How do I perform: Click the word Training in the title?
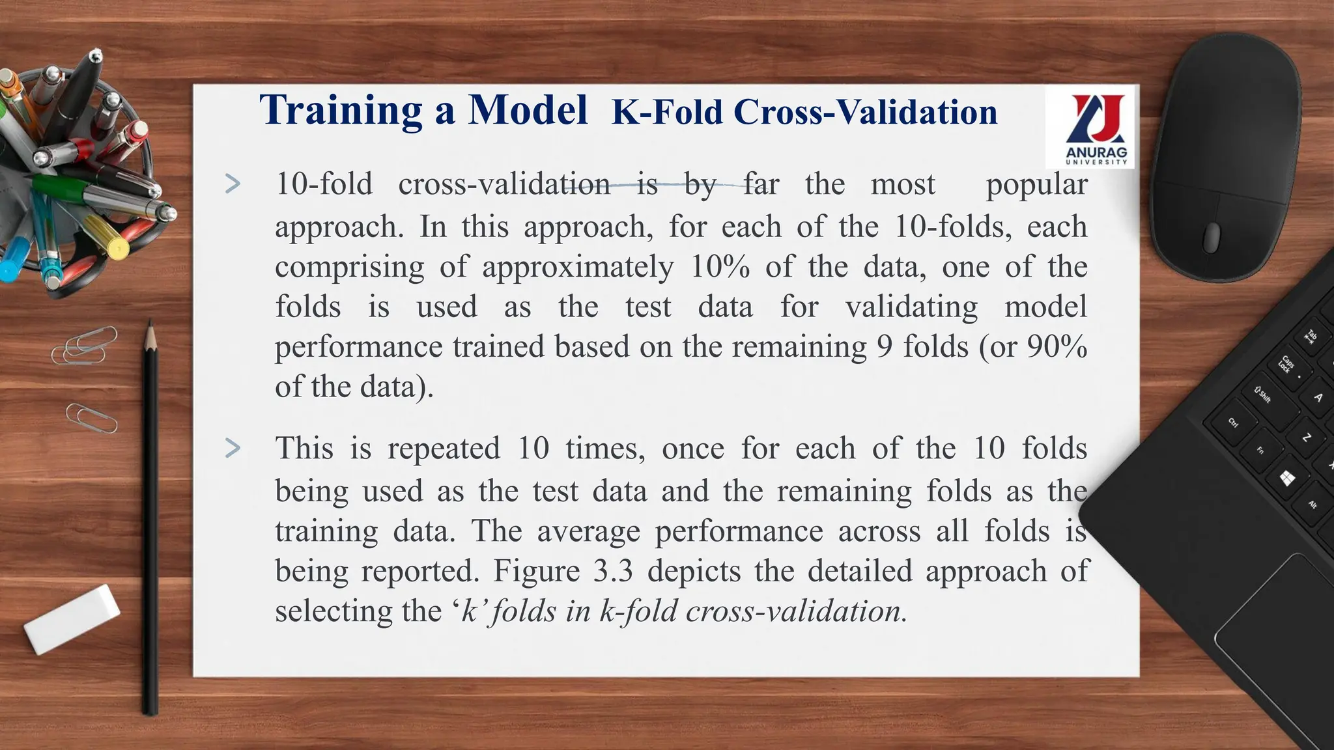pos(341,110)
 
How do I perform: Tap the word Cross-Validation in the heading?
pos(866,112)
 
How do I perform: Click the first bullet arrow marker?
pos(233,184)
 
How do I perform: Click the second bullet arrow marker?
pos(233,448)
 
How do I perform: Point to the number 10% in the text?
pos(720,267)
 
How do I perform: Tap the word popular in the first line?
pos(1036,185)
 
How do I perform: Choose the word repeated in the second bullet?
pos(444,449)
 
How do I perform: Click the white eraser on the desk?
pos(72,618)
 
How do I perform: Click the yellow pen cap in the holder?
pos(118,247)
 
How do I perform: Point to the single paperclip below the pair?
pos(92,418)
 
